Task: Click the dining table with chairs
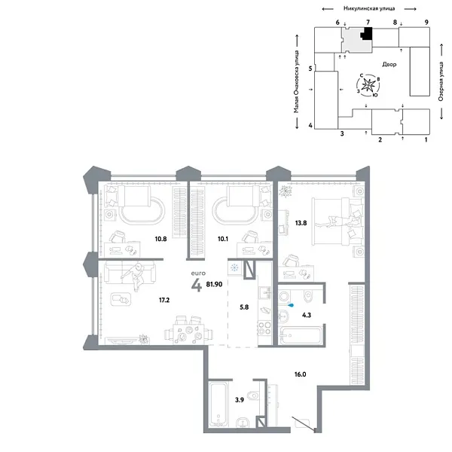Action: tap(187, 329)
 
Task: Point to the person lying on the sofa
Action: tap(136, 277)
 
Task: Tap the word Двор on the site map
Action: tap(389, 64)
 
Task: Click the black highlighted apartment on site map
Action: tap(367, 33)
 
